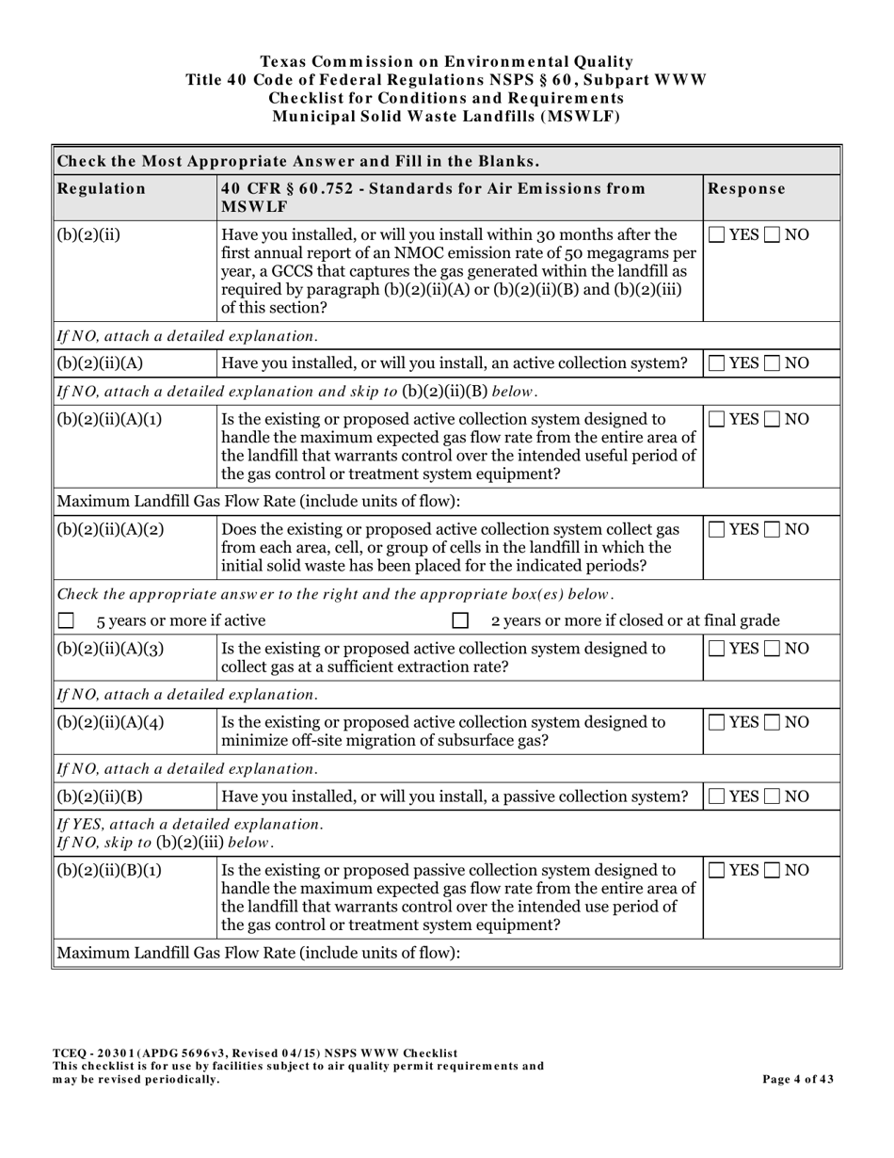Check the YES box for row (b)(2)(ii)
(717, 234)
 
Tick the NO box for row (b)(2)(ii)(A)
(773, 363)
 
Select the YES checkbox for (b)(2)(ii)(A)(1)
(717, 419)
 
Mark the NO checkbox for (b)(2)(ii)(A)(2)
(773, 529)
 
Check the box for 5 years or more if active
(66, 620)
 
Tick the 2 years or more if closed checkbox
(460, 620)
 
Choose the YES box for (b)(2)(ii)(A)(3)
(717, 649)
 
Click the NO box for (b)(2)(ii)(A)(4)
(773, 722)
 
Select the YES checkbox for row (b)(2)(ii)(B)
(717, 796)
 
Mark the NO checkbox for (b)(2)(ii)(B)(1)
(773, 870)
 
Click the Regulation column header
(102, 188)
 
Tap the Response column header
(746, 188)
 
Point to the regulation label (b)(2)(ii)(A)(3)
(110, 649)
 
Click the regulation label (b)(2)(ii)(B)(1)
(109, 870)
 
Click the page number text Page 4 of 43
(797, 1080)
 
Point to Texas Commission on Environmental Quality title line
(446, 61)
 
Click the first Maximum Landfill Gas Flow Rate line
(259, 501)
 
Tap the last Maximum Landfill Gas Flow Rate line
(259, 953)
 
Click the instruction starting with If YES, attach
(189, 824)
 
